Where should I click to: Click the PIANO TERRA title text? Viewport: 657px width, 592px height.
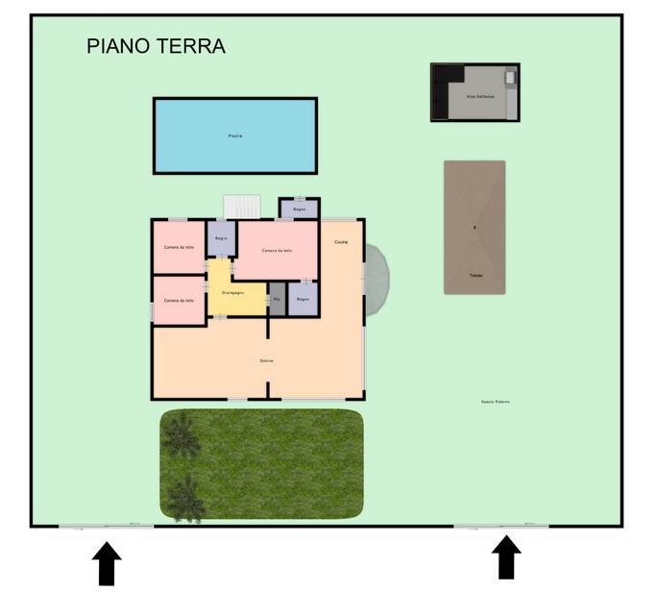(x=156, y=45)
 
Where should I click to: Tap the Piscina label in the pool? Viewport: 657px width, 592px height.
(x=235, y=136)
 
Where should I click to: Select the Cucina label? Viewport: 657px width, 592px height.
(x=341, y=242)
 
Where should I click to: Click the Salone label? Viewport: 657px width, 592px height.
(x=267, y=360)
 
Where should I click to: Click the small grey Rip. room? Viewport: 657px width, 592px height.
(x=277, y=299)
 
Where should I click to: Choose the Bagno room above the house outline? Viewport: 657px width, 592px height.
(x=299, y=209)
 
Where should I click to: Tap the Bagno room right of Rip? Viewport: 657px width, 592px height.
(x=303, y=299)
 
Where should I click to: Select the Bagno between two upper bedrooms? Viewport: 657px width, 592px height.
(x=221, y=238)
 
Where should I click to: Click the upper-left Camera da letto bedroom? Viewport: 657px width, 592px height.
(x=179, y=247)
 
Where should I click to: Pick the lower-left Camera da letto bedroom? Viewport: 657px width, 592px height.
(x=179, y=300)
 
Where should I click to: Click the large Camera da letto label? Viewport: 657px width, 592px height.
(x=276, y=250)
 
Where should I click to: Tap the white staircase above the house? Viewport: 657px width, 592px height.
(x=242, y=207)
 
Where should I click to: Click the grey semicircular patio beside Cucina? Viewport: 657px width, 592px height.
(x=377, y=279)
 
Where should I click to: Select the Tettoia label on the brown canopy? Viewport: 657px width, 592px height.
(x=474, y=275)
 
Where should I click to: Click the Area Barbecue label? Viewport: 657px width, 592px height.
(x=480, y=97)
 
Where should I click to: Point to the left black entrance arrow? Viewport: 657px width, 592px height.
(x=107, y=563)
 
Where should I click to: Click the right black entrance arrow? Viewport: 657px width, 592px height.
(x=506, y=557)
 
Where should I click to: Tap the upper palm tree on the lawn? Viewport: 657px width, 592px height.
(x=180, y=438)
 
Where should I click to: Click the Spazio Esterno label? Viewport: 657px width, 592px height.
(x=496, y=402)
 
